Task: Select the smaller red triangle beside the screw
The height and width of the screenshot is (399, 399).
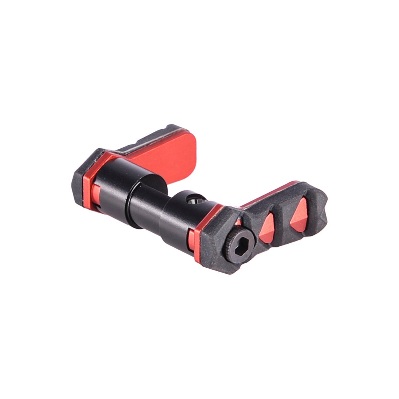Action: coord(267,229)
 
